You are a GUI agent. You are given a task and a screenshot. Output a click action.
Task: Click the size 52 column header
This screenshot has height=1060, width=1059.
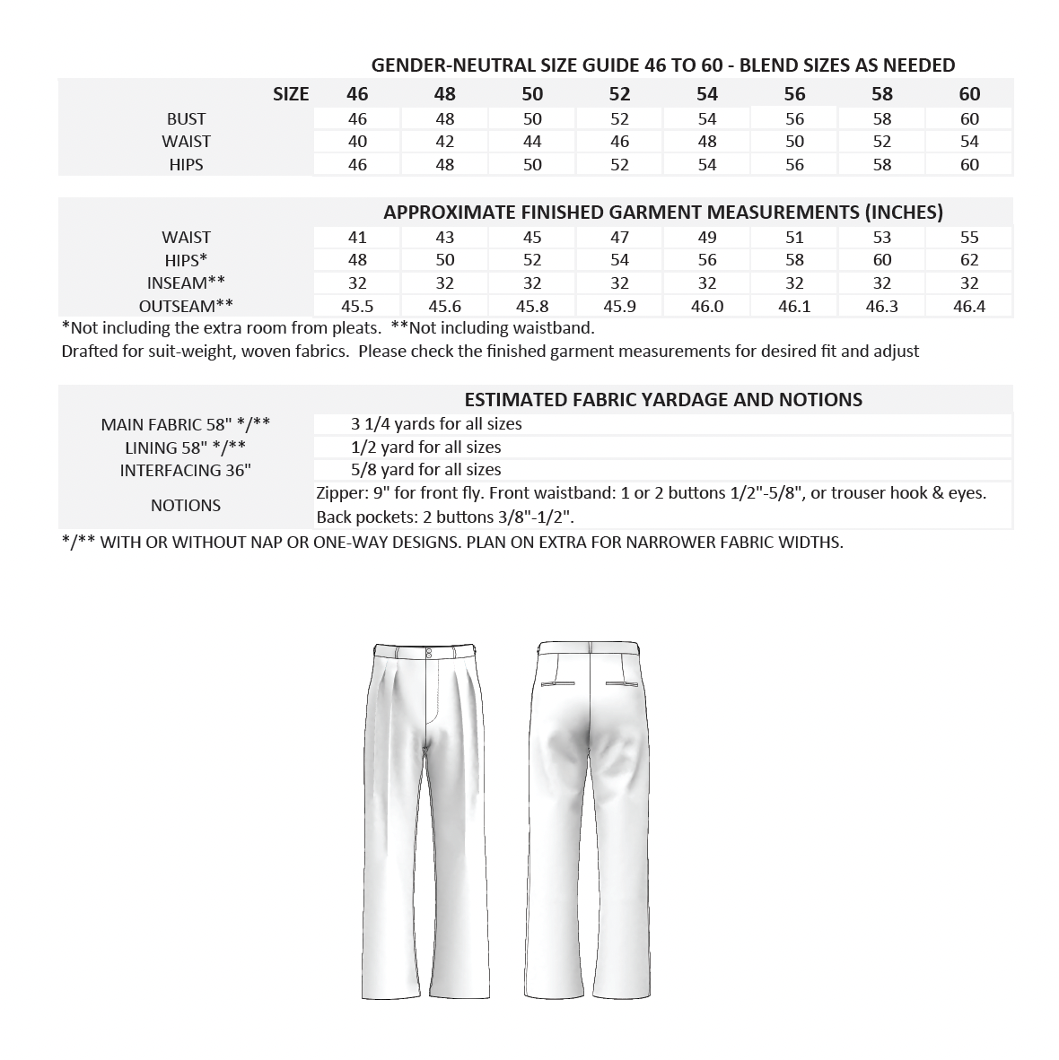[x=619, y=94]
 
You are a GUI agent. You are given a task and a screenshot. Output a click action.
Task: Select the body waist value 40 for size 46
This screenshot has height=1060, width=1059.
[x=357, y=142]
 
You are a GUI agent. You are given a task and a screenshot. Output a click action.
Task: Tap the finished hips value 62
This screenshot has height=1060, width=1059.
[x=969, y=260]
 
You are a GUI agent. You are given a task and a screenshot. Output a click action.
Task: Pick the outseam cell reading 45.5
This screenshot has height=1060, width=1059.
[x=357, y=306]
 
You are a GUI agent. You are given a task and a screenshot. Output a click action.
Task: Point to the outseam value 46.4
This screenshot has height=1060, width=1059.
[x=969, y=306]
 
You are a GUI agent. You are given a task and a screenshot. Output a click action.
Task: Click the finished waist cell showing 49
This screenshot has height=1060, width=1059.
[x=707, y=238]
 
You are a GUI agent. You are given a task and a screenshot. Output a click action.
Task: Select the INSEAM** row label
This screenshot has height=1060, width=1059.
[x=186, y=283]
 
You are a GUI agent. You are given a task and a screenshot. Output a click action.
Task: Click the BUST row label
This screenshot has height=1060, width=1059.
[x=186, y=119]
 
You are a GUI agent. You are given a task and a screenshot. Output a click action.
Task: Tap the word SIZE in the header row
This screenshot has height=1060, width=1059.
[x=291, y=94]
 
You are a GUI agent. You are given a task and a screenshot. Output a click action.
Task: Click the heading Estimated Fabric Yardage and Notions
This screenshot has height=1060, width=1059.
[x=663, y=400]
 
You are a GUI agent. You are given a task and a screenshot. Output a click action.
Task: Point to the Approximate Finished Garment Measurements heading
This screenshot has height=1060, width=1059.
[x=663, y=213]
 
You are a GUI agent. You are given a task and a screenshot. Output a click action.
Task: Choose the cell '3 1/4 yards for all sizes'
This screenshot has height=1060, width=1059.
[x=436, y=424]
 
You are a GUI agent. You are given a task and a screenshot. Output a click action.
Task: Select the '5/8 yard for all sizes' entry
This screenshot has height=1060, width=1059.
[x=426, y=470]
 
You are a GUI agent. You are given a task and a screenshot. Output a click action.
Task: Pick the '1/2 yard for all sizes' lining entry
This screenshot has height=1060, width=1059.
[x=426, y=447]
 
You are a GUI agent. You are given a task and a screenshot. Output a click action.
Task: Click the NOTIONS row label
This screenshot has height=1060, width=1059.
[x=186, y=506]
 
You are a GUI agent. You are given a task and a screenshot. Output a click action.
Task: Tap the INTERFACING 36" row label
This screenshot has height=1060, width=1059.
[x=186, y=470]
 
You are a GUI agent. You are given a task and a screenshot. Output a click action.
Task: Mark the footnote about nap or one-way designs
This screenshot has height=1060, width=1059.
[x=452, y=543]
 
